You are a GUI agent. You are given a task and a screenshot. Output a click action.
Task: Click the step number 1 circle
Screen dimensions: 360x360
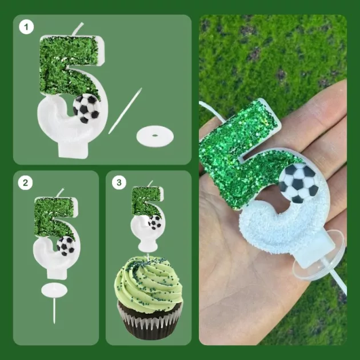(26, 27)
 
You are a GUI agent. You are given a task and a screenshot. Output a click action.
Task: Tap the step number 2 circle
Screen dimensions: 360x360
(25, 183)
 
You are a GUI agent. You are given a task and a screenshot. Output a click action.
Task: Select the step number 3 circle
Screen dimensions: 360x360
(119, 182)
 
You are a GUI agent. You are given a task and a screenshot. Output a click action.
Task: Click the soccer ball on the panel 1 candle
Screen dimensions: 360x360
(86, 108)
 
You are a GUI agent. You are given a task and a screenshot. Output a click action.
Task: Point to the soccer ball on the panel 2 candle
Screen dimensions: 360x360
(66, 246)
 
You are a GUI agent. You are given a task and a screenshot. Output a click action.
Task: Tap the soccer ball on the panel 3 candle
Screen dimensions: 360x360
(155, 222)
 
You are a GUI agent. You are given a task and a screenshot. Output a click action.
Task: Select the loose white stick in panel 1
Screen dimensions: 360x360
(125, 111)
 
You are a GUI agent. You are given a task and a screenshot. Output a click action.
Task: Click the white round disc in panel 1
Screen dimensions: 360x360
(155, 137)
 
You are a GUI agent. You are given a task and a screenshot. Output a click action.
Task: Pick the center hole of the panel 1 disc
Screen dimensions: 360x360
(155, 135)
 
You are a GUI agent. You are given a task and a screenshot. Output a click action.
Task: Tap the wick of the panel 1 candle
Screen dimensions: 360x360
(78, 29)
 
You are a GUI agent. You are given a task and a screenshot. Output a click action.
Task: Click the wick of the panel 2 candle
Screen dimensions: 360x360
(60, 193)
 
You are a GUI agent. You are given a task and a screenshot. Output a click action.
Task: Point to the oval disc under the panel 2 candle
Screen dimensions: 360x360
(54, 290)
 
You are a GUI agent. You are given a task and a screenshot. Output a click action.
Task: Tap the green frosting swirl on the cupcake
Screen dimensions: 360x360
(149, 284)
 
